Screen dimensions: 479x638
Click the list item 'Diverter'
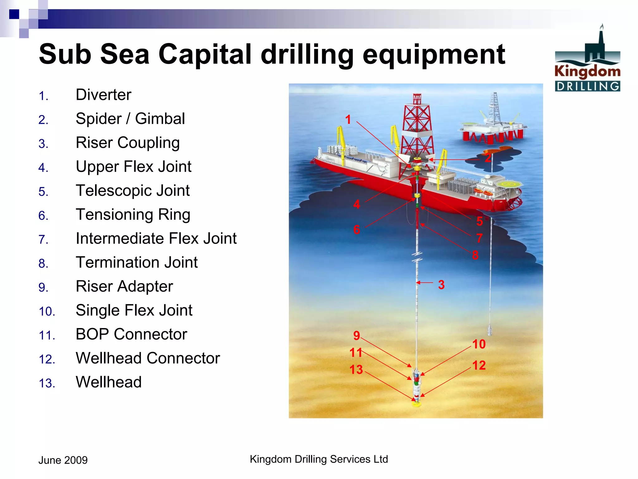point(103,95)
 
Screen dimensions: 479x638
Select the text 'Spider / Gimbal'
point(130,119)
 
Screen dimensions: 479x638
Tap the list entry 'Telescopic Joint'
point(133,191)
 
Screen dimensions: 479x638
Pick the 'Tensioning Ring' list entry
point(133,215)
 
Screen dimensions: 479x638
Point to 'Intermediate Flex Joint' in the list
point(156,239)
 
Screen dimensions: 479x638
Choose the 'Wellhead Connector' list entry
point(148,358)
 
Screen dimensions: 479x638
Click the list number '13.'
point(47,383)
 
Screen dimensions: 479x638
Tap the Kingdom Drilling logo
point(587,59)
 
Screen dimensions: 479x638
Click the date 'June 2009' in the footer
point(63,460)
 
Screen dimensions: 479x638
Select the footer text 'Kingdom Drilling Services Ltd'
point(319,459)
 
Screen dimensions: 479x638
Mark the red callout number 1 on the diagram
point(348,120)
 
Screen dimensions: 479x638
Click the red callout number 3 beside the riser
point(441,285)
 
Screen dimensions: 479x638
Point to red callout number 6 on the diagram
point(357,230)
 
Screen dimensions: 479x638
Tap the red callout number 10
point(479,344)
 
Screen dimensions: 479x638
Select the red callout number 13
point(356,370)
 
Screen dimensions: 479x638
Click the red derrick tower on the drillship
point(417,125)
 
